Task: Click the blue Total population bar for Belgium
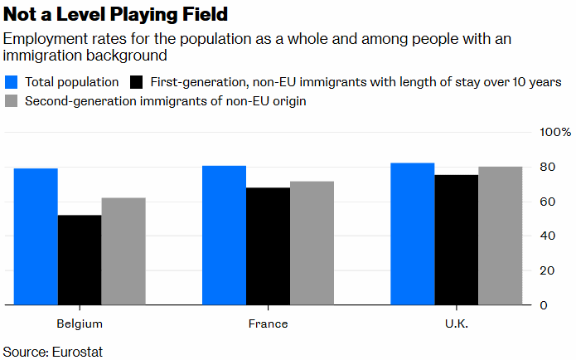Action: tap(36, 236)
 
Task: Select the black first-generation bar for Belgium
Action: tap(80, 260)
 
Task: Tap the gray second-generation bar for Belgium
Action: tap(123, 251)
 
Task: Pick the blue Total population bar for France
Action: tap(225, 236)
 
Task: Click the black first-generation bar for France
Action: tap(269, 246)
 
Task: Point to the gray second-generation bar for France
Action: tap(312, 243)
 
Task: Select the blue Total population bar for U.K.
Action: tap(413, 234)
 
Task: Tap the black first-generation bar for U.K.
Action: tap(457, 240)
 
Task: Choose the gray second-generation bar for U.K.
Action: tap(501, 236)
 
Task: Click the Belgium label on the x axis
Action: tap(80, 324)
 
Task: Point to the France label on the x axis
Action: tap(269, 324)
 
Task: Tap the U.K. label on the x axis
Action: tap(457, 324)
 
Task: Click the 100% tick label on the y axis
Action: tap(555, 133)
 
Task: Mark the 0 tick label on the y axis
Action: tap(544, 305)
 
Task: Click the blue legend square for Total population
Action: tap(12, 82)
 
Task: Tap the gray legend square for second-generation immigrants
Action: tap(12, 101)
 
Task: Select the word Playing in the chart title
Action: tap(155, 15)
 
